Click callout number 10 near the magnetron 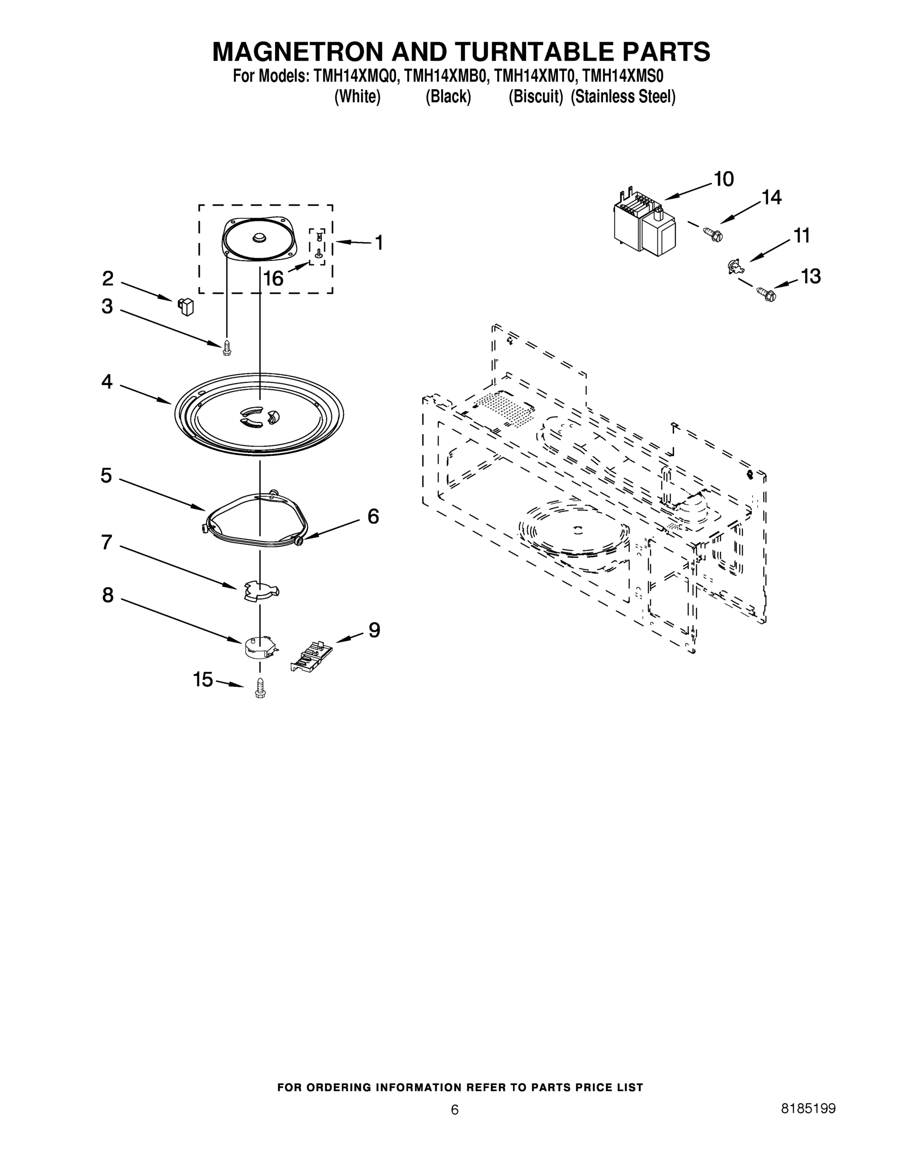click(x=724, y=179)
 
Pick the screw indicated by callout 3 click(x=227, y=348)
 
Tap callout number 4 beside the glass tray click(x=107, y=382)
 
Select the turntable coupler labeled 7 click(x=259, y=591)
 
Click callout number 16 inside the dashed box click(x=273, y=279)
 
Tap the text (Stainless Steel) click(x=622, y=97)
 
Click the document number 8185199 click(x=808, y=1108)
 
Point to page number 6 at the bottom click(x=455, y=1110)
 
